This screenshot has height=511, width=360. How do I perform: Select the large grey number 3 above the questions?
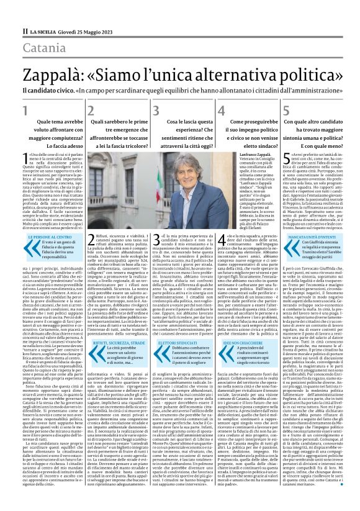pyautogui.click(x=174, y=111)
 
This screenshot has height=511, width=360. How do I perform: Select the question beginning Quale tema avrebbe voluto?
pyautogui.click(x=53, y=133)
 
